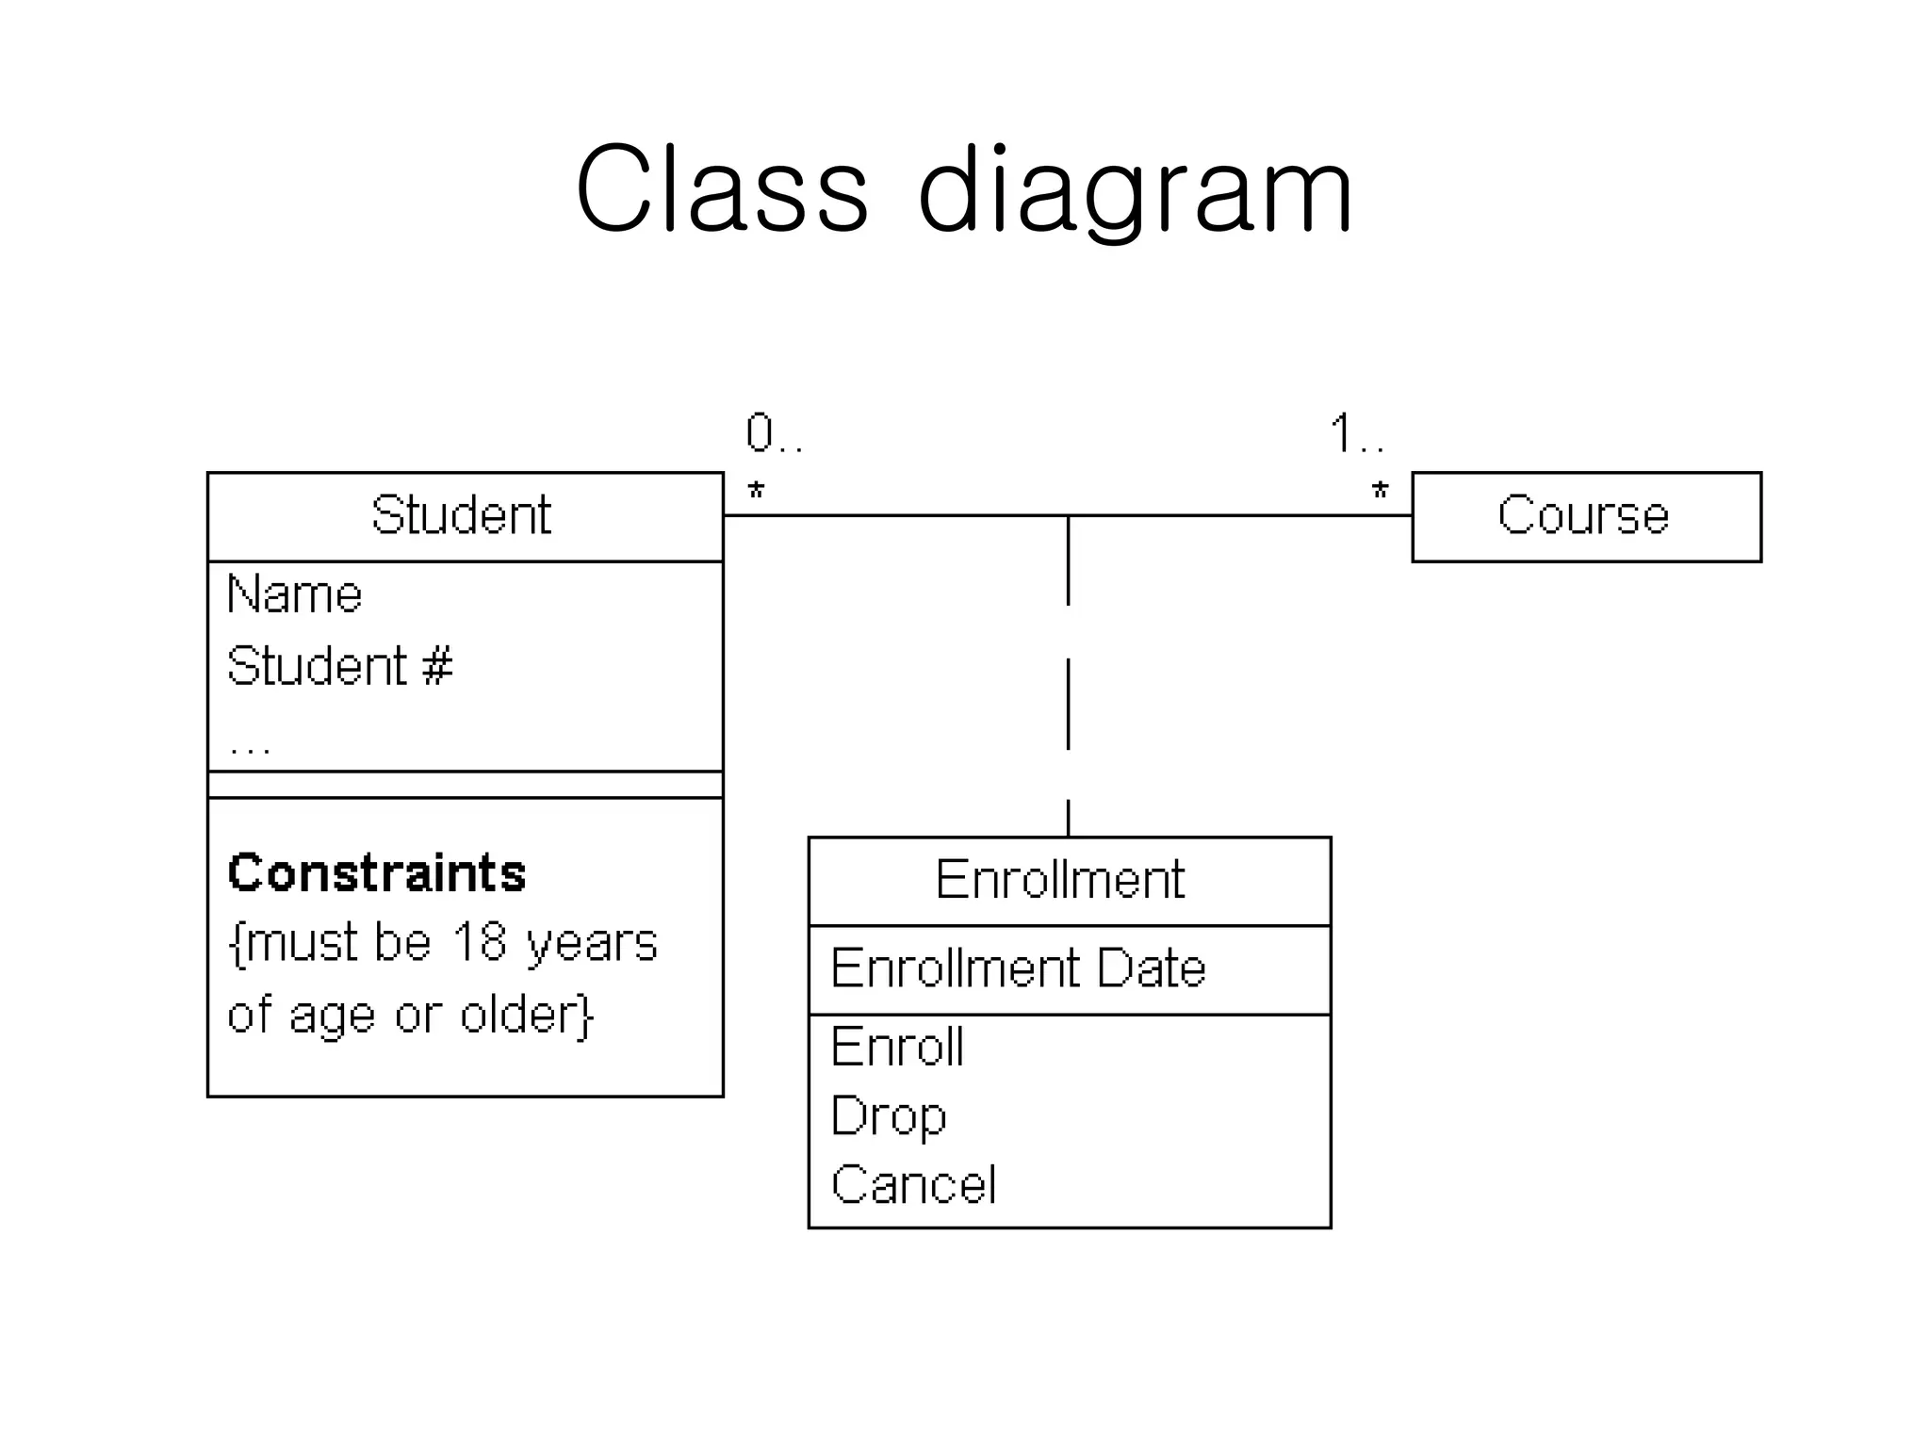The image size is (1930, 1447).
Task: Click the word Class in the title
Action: coord(721,188)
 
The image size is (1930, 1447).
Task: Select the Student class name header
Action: coord(461,515)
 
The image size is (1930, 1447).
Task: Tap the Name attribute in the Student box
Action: coord(294,595)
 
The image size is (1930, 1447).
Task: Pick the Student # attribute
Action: coord(339,666)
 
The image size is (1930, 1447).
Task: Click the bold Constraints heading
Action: coord(376,872)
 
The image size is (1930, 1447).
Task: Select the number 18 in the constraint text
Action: coord(479,941)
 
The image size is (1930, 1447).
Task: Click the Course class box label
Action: coord(1583,515)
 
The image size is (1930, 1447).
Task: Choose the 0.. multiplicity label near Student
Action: coord(774,434)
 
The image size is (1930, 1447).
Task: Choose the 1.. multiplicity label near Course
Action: coord(1357,434)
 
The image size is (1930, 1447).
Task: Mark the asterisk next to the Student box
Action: coord(756,491)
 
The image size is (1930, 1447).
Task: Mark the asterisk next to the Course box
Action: coord(1380,491)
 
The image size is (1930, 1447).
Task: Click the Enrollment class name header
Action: coord(1059,880)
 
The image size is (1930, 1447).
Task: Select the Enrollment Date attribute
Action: coord(1018,968)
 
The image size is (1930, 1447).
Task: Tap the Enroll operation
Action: coord(897,1047)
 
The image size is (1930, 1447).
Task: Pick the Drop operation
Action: coord(888,1116)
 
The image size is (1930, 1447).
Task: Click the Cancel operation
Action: coord(913,1185)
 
